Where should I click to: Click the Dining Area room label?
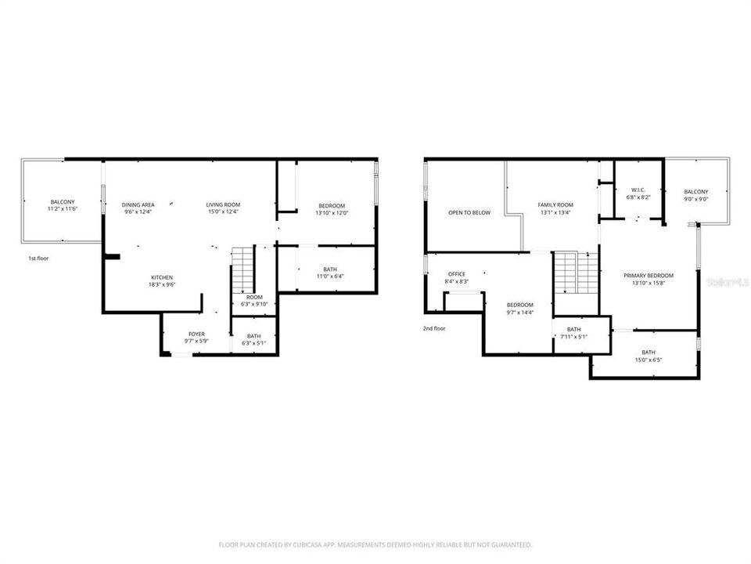[138, 204]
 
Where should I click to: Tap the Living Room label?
[223, 204]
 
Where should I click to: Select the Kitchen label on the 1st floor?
[162, 277]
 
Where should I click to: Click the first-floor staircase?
[243, 269]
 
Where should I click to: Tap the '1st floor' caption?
[38, 258]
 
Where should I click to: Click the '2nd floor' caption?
[434, 328]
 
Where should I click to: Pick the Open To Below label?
[469, 212]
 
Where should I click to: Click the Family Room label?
[555, 204]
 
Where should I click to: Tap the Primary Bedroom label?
[649, 276]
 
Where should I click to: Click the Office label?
[455, 274]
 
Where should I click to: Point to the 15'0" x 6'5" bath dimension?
[649, 360]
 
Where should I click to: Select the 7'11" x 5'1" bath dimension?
[574, 337]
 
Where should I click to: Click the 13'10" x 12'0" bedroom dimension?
[332, 212]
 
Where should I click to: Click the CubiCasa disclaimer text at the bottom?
[375, 544]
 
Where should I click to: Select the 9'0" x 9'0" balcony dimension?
[695, 200]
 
